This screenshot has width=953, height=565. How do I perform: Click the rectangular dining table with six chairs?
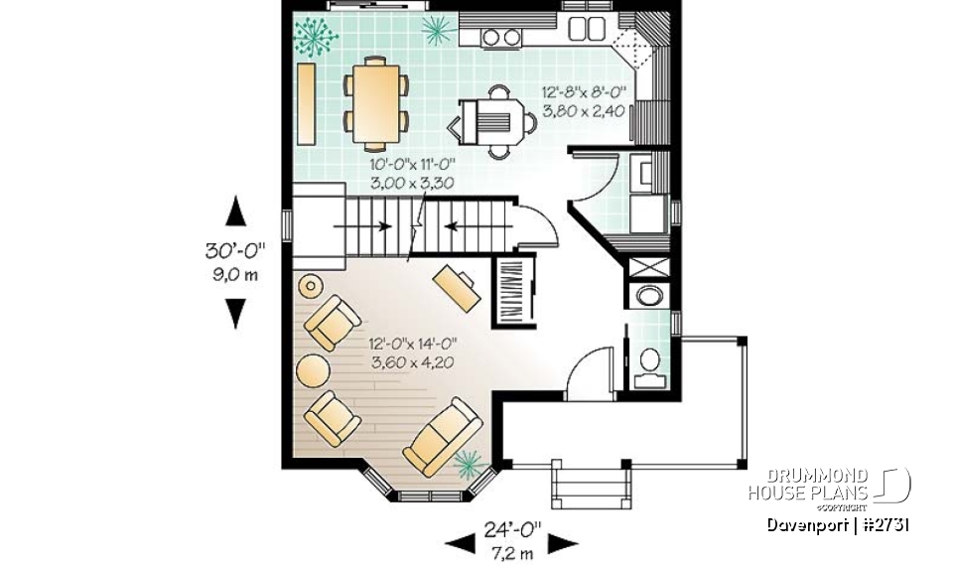tap(376, 97)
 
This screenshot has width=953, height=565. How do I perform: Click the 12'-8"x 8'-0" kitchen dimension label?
tap(584, 101)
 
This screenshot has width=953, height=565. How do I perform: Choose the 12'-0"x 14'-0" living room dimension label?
tap(412, 353)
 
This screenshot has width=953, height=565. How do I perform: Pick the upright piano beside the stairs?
tap(514, 288)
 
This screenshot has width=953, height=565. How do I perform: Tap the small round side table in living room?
tap(311, 286)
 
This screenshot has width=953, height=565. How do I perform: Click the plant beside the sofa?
tap(467, 461)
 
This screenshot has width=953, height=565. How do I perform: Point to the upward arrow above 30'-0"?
tap(235, 212)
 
